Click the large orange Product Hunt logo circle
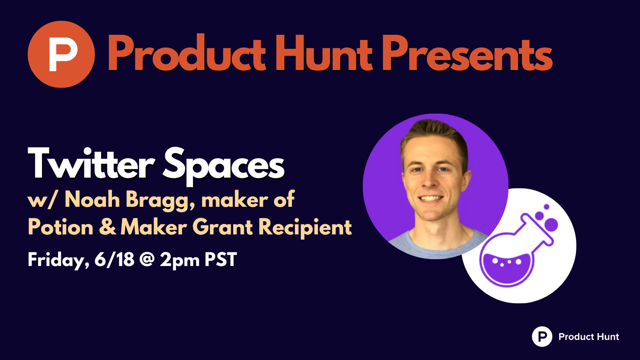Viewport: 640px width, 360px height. click(61, 54)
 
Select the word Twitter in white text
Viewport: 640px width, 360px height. click(91, 164)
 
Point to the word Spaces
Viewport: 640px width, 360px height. click(224, 167)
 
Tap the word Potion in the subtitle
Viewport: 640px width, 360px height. click(60, 227)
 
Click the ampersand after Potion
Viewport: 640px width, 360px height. click(108, 228)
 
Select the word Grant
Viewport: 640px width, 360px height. click(222, 228)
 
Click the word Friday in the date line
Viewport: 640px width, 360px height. click(58, 260)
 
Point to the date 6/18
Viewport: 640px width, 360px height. click(114, 259)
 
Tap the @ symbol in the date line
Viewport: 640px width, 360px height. click(147, 260)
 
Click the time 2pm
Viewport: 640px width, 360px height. click(180, 260)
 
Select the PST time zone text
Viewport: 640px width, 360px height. click(220, 260)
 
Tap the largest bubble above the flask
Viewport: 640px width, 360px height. click(552, 224)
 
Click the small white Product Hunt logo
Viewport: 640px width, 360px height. click(542, 336)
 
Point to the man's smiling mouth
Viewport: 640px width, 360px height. click(430, 198)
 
